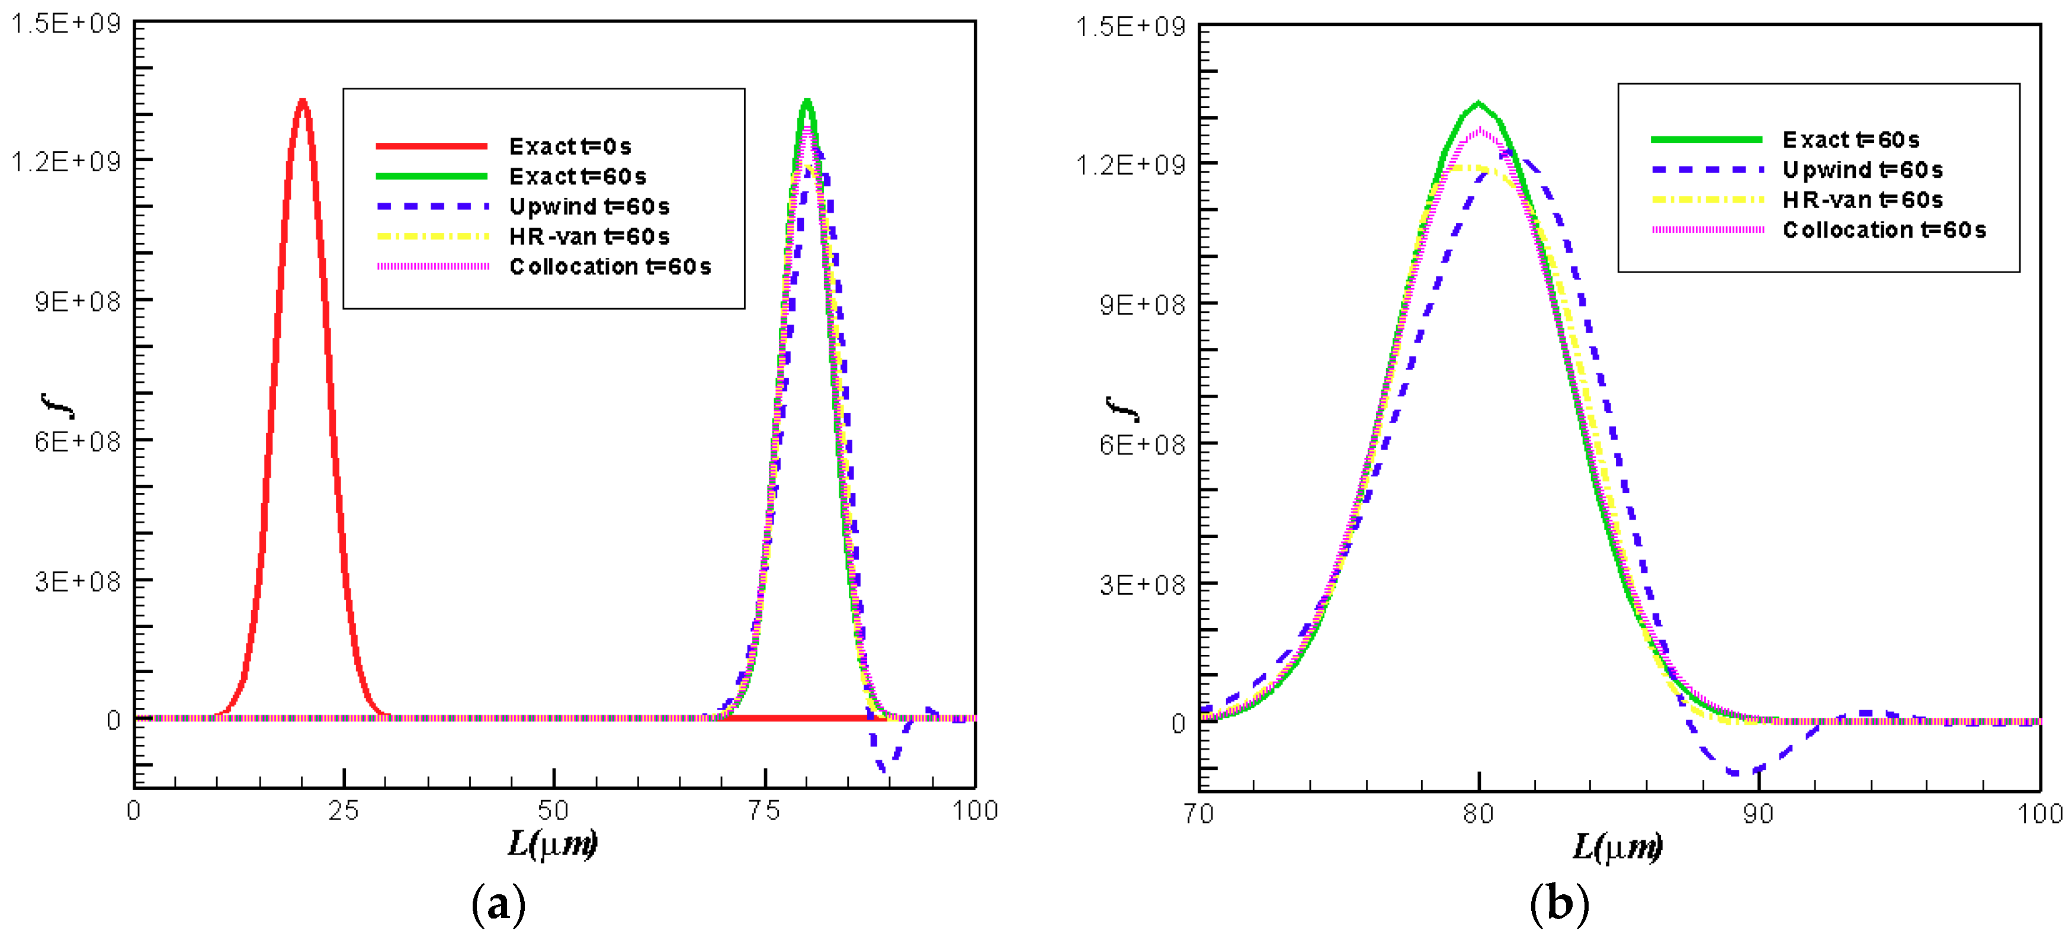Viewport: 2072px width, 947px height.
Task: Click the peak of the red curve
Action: [x=303, y=101]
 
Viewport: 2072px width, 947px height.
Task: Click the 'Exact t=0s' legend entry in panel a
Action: [x=569, y=146]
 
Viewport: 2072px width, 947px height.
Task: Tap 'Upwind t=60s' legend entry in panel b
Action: [x=1862, y=169]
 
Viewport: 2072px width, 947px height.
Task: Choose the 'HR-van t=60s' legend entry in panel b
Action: [x=1862, y=200]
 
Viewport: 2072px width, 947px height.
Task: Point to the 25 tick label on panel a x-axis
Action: [x=344, y=810]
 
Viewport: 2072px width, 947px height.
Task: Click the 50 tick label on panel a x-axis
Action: [x=553, y=810]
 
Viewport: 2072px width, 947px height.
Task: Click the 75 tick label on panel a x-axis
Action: [x=764, y=810]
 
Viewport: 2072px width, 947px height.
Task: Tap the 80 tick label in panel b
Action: [x=1478, y=814]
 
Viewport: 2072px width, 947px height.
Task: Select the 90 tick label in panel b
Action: [x=1758, y=814]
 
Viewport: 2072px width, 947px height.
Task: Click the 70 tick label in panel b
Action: [x=1198, y=814]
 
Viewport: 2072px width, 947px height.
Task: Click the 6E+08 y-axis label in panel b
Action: [x=1142, y=444]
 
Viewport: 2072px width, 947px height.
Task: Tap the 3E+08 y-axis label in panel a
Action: [x=76, y=581]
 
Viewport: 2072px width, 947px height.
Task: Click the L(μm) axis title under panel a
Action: [x=553, y=844]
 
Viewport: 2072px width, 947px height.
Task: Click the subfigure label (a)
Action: [x=498, y=904]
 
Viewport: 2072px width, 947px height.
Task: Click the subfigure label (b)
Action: [x=1559, y=904]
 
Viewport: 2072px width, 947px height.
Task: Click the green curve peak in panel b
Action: [x=1478, y=104]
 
